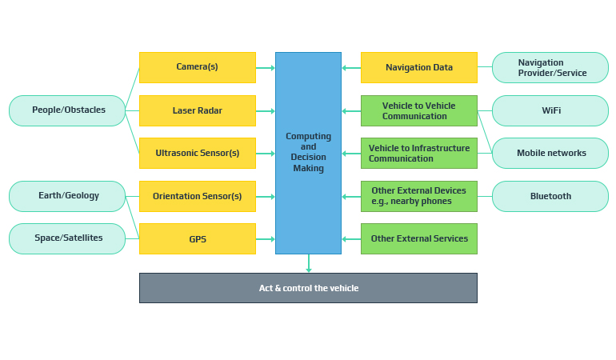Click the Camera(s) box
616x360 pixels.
coord(197,67)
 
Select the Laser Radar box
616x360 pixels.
coord(197,110)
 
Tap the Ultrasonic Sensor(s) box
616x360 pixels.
coord(197,153)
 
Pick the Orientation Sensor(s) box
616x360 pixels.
coord(197,196)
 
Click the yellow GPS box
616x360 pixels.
coord(197,238)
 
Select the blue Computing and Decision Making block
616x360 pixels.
coord(308,153)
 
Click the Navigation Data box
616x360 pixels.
coord(418,67)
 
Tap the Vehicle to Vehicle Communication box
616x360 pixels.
coord(418,110)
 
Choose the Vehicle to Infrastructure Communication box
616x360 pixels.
coord(418,153)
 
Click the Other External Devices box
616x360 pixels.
coord(418,196)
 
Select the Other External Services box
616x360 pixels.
coord(418,238)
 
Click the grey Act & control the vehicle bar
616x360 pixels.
coord(308,288)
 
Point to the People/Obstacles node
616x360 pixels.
coord(68,110)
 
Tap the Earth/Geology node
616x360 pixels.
coord(68,196)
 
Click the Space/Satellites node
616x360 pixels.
coord(68,238)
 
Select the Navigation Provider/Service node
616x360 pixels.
coord(550,67)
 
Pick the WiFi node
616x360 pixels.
coord(550,110)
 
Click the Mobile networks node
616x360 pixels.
coord(550,153)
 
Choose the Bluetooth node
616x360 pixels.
coord(550,196)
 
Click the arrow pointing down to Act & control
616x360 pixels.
coord(308,265)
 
